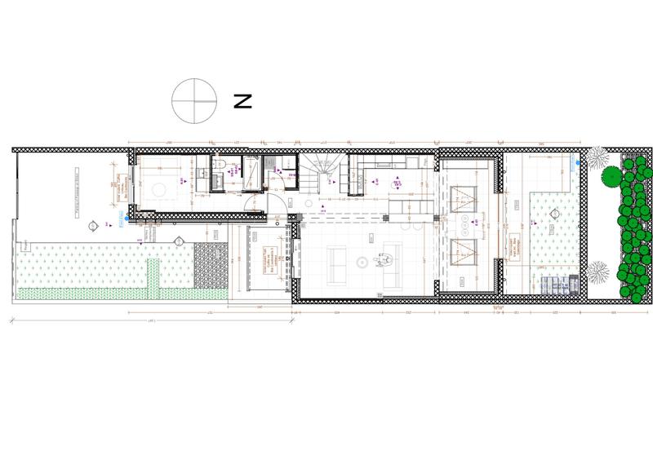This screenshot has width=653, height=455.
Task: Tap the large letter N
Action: pyautogui.click(x=242, y=101)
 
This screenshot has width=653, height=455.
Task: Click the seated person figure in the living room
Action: pyautogui.click(x=384, y=260)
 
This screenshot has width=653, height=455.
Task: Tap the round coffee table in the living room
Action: pyautogui.click(x=362, y=262)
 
